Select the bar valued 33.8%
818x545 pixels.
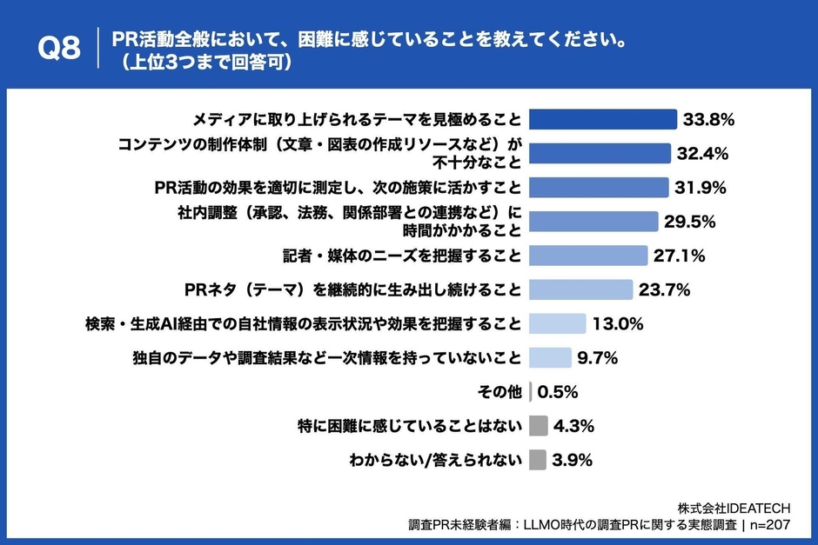coord(603,119)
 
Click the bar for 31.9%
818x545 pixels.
coord(599,188)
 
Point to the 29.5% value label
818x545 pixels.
coord(689,222)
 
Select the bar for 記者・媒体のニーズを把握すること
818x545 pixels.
coord(588,256)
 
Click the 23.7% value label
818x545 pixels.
coord(666,289)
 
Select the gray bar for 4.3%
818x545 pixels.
coord(539,426)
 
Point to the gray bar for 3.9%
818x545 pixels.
coord(538,460)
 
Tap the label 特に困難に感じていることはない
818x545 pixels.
coord(410,426)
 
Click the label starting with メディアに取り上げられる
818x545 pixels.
coord(357,119)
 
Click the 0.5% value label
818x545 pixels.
coord(558,392)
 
